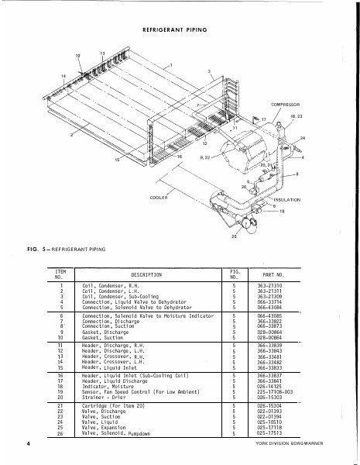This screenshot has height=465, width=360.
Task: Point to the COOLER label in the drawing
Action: click(159, 198)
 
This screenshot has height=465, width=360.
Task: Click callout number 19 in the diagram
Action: click(77, 57)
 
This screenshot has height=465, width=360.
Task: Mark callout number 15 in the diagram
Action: click(118, 160)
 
